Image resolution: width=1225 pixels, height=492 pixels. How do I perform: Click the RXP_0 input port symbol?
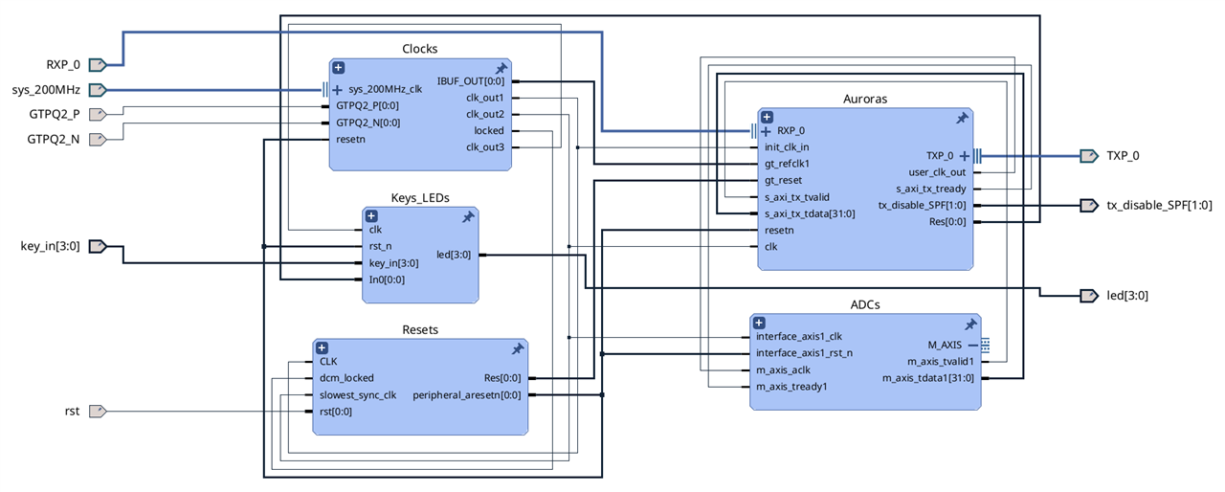[x=98, y=65]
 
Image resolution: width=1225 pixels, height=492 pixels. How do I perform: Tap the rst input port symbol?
[x=98, y=411]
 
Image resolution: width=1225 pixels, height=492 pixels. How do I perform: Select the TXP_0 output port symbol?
[x=1089, y=156]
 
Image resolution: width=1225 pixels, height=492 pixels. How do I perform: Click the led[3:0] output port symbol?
[x=1089, y=296]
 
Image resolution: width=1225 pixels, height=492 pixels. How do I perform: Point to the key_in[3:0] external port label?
[x=51, y=246]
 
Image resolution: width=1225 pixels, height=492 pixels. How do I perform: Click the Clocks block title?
[x=419, y=49]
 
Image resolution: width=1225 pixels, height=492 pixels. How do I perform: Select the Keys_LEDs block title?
[x=420, y=198]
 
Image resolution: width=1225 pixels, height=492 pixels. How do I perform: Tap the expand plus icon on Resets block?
[x=323, y=347]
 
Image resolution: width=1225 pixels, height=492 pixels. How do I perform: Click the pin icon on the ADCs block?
[x=970, y=324]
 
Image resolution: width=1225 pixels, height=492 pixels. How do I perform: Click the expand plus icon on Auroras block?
[x=767, y=117]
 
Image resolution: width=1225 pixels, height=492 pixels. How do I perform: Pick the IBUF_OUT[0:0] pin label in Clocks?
[x=470, y=81]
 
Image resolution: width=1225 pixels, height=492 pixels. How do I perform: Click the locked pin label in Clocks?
[x=489, y=130]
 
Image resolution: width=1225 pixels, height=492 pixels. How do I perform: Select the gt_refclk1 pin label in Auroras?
[x=787, y=164]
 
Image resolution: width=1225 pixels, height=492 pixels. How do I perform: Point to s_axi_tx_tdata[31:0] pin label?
[x=810, y=213]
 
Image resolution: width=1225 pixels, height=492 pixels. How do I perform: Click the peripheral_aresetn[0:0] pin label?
[x=466, y=395]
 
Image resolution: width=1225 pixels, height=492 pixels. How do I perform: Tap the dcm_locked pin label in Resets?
[x=346, y=378]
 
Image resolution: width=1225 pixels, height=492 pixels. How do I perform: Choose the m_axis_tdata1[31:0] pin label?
[x=928, y=378]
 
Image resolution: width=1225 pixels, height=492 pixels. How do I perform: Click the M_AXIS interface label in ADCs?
[x=945, y=345]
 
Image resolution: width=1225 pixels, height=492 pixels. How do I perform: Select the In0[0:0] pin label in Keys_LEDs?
[x=387, y=280]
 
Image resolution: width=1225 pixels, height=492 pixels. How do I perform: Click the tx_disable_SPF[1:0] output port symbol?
[x=1089, y=206]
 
